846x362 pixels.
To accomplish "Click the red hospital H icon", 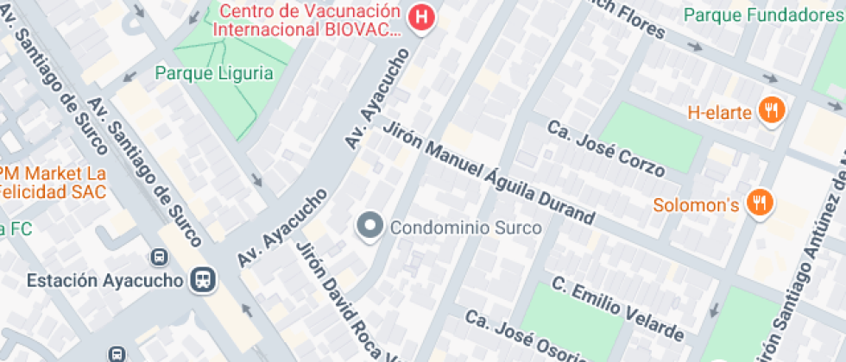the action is pyautogui.click(x=420, y=17).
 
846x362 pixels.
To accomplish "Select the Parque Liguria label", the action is pyautogui.click(x=214, y=73).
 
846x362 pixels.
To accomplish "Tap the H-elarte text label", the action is pyautogui.click(x=721, y=111).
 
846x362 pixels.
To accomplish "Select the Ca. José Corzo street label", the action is pyautogui.click(x=605, y=148).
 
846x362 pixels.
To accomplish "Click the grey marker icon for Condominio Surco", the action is pyautogui.click(x=370, y=227).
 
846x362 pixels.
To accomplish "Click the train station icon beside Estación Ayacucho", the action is pyautogui.click(x=204, y=279).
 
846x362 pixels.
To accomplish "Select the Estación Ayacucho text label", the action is pyautogui.click(x=105, y=280).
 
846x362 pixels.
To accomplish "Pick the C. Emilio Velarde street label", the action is pyautogui.click(x=617, y=308).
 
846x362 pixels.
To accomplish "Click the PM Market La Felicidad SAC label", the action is pyautogui.click(x=52, y=181).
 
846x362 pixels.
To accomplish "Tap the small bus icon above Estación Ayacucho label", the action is pyautogui.click(x=159, y=257).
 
